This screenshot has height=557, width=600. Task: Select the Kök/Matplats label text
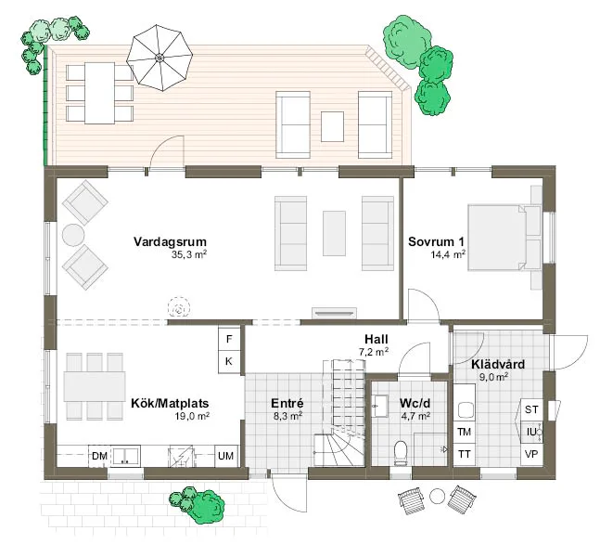point(170,404)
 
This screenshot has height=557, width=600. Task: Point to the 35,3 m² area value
point(188,253)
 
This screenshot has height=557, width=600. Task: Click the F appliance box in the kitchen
point(229,338)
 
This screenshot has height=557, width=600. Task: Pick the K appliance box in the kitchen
point(229,360)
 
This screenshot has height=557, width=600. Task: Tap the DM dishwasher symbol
point(99,456)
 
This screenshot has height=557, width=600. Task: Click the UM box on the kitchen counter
point(225,456)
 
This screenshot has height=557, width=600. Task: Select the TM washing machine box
point(464,432)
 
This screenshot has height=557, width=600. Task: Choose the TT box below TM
point(464,453)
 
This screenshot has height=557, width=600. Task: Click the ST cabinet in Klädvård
point(531,409)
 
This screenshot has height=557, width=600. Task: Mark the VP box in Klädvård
point(531,454)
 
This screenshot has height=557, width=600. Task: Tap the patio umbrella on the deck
point(160,58)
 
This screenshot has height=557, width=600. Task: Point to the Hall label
point(376,340)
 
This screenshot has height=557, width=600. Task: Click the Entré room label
point(287,404)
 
